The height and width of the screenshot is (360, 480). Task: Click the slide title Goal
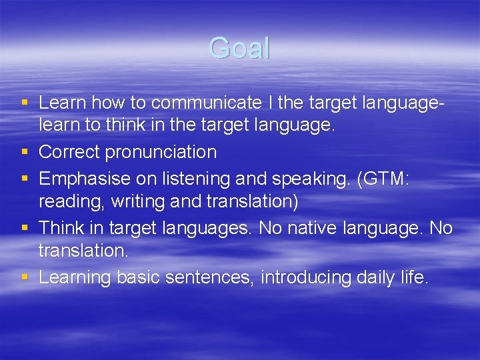[239, 49]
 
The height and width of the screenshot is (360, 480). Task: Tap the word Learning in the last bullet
[75, 277]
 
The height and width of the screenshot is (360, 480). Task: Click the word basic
[138, 277]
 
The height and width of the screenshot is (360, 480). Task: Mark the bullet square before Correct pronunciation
[25, 153]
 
